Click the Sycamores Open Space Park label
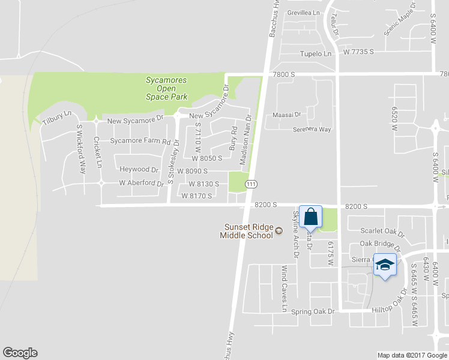pyautogui.click(x=167, y=88)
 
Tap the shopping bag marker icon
pyautogui.click(x=311, y=217)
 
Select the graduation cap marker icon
pyautogui.click(x=385, y=265)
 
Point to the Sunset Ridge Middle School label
pyautogui.click(x=248, y=230)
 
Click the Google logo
pyautogui.click(x=20, y=353)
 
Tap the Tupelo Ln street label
pyautogui.click(x=316, y=54)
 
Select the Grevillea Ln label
pyautogui.click(x=304, y=13)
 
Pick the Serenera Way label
pyautogui.click(x=312, y=129)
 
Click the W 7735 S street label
pyautogui.click(x=358, y=53)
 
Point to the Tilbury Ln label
pyautogui.click(x=57, y=117)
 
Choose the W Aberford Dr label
pyautogui.click(x=141, y=183)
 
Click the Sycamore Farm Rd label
pyautogui.click(x=140, y=142)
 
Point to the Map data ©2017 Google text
pyautogui.click(x=412, y=355)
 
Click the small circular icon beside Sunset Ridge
pyautogui.click(x=279, y=231)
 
